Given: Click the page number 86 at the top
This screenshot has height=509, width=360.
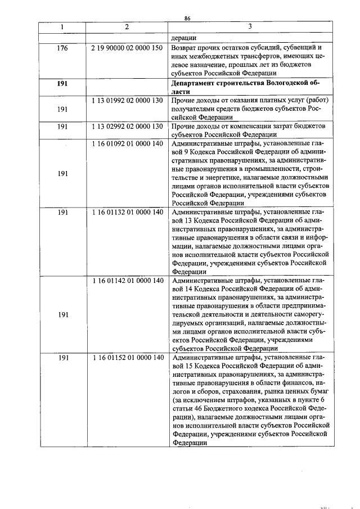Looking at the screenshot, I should (x=188, y=19).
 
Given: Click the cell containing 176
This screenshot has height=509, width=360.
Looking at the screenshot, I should (x=62, y=48).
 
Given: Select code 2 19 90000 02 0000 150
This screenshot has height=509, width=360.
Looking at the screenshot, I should (x=127, y=48).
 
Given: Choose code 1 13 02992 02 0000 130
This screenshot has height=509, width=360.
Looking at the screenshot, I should (x=127, y=127).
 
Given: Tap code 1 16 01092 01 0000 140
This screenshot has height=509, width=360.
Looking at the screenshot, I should (x=127, y=143).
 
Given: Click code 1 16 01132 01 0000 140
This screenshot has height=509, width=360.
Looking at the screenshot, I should (x=127, y=212).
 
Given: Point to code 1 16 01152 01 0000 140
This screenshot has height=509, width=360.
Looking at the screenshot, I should (x=127, y=358).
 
